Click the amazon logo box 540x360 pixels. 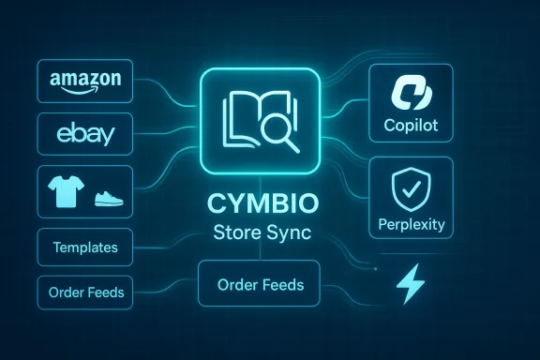tap(82, 82)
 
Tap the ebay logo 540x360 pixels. tap(82, 134)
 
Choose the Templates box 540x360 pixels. tap(83, 247)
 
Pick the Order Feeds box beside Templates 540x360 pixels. tap(83, 292)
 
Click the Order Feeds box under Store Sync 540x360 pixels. tap(260, 284)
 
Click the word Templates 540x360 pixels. tap(83, 247)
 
